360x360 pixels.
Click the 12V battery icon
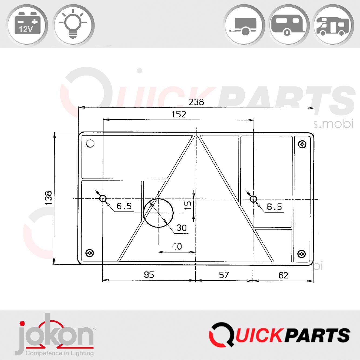coord(28,25)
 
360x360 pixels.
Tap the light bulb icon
coord(73,25)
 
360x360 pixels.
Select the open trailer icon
coord(244,25)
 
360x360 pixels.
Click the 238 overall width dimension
coord(196,102)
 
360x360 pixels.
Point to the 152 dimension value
coord(179,114)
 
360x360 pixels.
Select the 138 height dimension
coord(48,198)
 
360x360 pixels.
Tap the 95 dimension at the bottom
coord(149,275)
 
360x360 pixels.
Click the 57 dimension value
coord(224,275)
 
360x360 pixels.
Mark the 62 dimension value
coord(283,275)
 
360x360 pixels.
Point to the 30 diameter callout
coord(181,228)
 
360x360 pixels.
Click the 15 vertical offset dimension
coord(188,205)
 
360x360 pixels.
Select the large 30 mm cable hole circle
coord(158,213)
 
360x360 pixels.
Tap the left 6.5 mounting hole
coord(103,198)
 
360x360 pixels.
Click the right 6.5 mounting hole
coord(253,199)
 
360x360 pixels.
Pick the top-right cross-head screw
coord(302,144)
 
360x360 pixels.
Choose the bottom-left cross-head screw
coord(90,253)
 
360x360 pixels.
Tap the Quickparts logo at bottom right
coord(280,335)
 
